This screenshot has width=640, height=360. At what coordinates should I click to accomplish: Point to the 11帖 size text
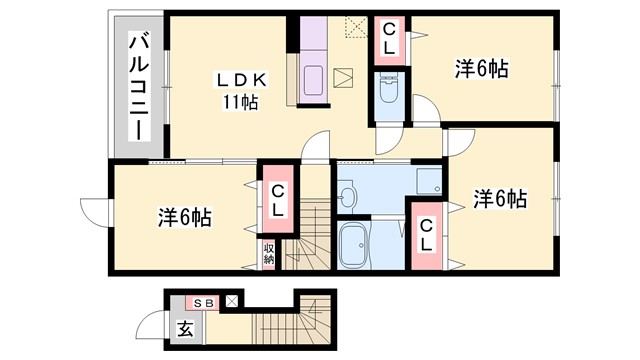(x=240, y=101)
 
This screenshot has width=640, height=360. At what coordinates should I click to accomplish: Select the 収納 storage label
(x=269, y=252)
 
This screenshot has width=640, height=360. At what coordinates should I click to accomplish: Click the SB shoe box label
(x=204, y=301)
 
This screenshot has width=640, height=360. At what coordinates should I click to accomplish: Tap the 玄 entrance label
(x=185, y=327)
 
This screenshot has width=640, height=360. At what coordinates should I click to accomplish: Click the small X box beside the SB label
(x=233, y=300)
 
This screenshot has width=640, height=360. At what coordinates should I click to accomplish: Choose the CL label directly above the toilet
(x=388, y=40)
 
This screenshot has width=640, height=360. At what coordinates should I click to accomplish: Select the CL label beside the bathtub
(x=426, y=235)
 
